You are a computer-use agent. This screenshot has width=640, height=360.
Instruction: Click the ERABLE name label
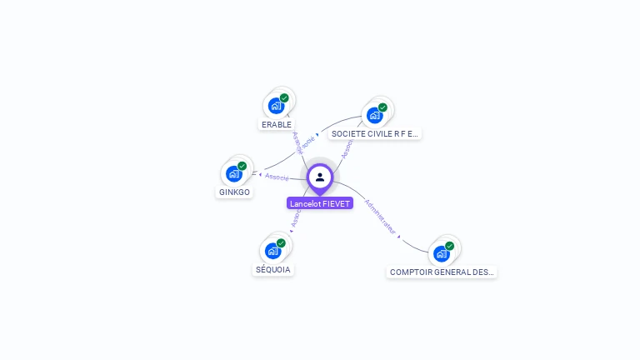[x=277, y=125]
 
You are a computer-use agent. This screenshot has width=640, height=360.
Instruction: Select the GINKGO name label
[x=234, y=192]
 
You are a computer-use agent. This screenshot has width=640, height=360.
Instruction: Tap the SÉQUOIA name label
[x=273, y=270]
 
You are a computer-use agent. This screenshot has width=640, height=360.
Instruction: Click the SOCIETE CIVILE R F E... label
[x=374, y=133]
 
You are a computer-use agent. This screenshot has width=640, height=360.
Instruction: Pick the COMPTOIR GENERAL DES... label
[x=442, y=272]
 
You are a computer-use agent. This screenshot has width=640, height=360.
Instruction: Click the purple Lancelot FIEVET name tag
[x=320, y=203]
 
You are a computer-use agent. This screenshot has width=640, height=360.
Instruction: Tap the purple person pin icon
[x=320, y=177]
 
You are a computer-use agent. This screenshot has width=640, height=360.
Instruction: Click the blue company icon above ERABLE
[x=276, y=106]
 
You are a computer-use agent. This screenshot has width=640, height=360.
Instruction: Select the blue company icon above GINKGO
[x=233, y=173]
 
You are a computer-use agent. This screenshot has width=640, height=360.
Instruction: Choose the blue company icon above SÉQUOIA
[x=272, y=250]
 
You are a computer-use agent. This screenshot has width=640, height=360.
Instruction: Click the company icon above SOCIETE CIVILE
[x=374, y=114]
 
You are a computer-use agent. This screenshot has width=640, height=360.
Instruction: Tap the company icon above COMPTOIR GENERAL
[x=441, y=252]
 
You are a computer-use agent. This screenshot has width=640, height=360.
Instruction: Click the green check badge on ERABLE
[x=284, y=98]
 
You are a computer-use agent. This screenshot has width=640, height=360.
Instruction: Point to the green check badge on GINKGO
[x=242, y=166]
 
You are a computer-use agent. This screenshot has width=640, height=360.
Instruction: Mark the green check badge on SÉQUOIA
[x=281, y=243]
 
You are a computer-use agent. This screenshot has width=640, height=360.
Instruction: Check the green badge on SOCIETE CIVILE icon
[x=382, y=107]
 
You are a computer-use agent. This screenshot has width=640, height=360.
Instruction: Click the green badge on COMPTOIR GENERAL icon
[x=449, y=246]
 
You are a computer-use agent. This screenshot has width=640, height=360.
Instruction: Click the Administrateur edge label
[x=381, y=215]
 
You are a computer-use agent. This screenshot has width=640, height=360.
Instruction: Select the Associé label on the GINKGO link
[x=277, y=177]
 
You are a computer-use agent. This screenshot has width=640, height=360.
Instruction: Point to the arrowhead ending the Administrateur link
[x=399, y=237]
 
